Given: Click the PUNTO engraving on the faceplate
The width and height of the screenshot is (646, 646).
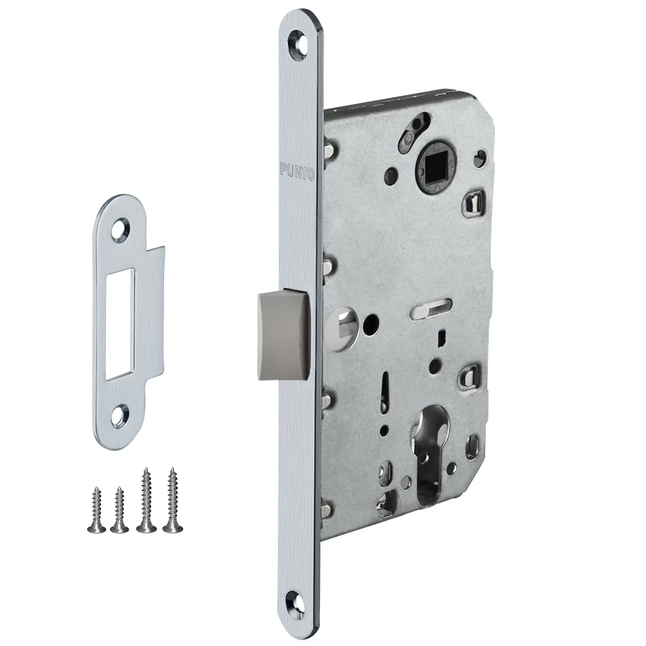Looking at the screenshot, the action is (297, 170).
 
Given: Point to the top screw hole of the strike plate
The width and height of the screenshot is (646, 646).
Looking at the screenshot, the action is (121, 228).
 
